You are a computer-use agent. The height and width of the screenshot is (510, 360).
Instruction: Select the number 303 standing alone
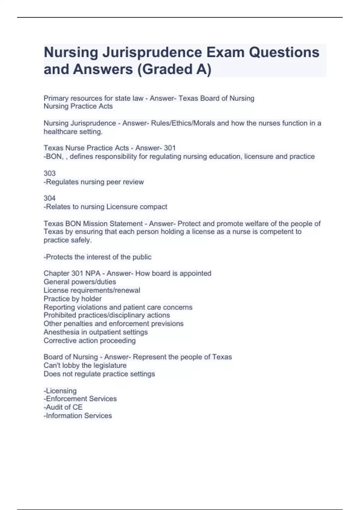[x=49, y=173]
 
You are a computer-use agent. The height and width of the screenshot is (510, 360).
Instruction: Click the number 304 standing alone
[x=49, y=198]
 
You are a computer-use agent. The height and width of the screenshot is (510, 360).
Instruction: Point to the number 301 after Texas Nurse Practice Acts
[x=170, y=148]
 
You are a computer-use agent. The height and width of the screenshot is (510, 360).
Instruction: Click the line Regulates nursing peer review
[x=94, y=182]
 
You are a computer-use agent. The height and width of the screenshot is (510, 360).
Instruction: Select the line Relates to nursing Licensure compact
[x=106, y=207]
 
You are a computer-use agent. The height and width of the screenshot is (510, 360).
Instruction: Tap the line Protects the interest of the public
[x=97, y=257]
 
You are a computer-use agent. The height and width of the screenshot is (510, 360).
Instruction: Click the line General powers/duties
[x=80, y=282]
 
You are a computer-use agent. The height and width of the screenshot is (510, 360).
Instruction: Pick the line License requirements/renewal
[x=92, y=290]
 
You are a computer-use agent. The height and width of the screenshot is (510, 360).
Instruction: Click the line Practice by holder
[x=73, y=299]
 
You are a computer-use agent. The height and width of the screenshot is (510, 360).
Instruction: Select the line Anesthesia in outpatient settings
[x=96, y=332]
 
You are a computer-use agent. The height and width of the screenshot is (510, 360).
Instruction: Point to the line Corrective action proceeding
[x=90, y=341]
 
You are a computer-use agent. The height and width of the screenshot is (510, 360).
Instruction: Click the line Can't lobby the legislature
[x=85, y=365]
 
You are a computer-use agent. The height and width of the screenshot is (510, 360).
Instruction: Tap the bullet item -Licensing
[x=60, y=391]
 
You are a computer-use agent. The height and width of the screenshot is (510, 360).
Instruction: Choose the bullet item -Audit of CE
[x=63, y=407]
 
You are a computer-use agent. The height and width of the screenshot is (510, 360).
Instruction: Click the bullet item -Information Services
[x=78, y=416]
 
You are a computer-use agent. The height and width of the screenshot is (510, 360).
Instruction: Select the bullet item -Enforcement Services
[x=80, y=399]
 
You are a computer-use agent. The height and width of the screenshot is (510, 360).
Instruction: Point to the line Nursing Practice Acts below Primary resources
[x=78, y=106]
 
